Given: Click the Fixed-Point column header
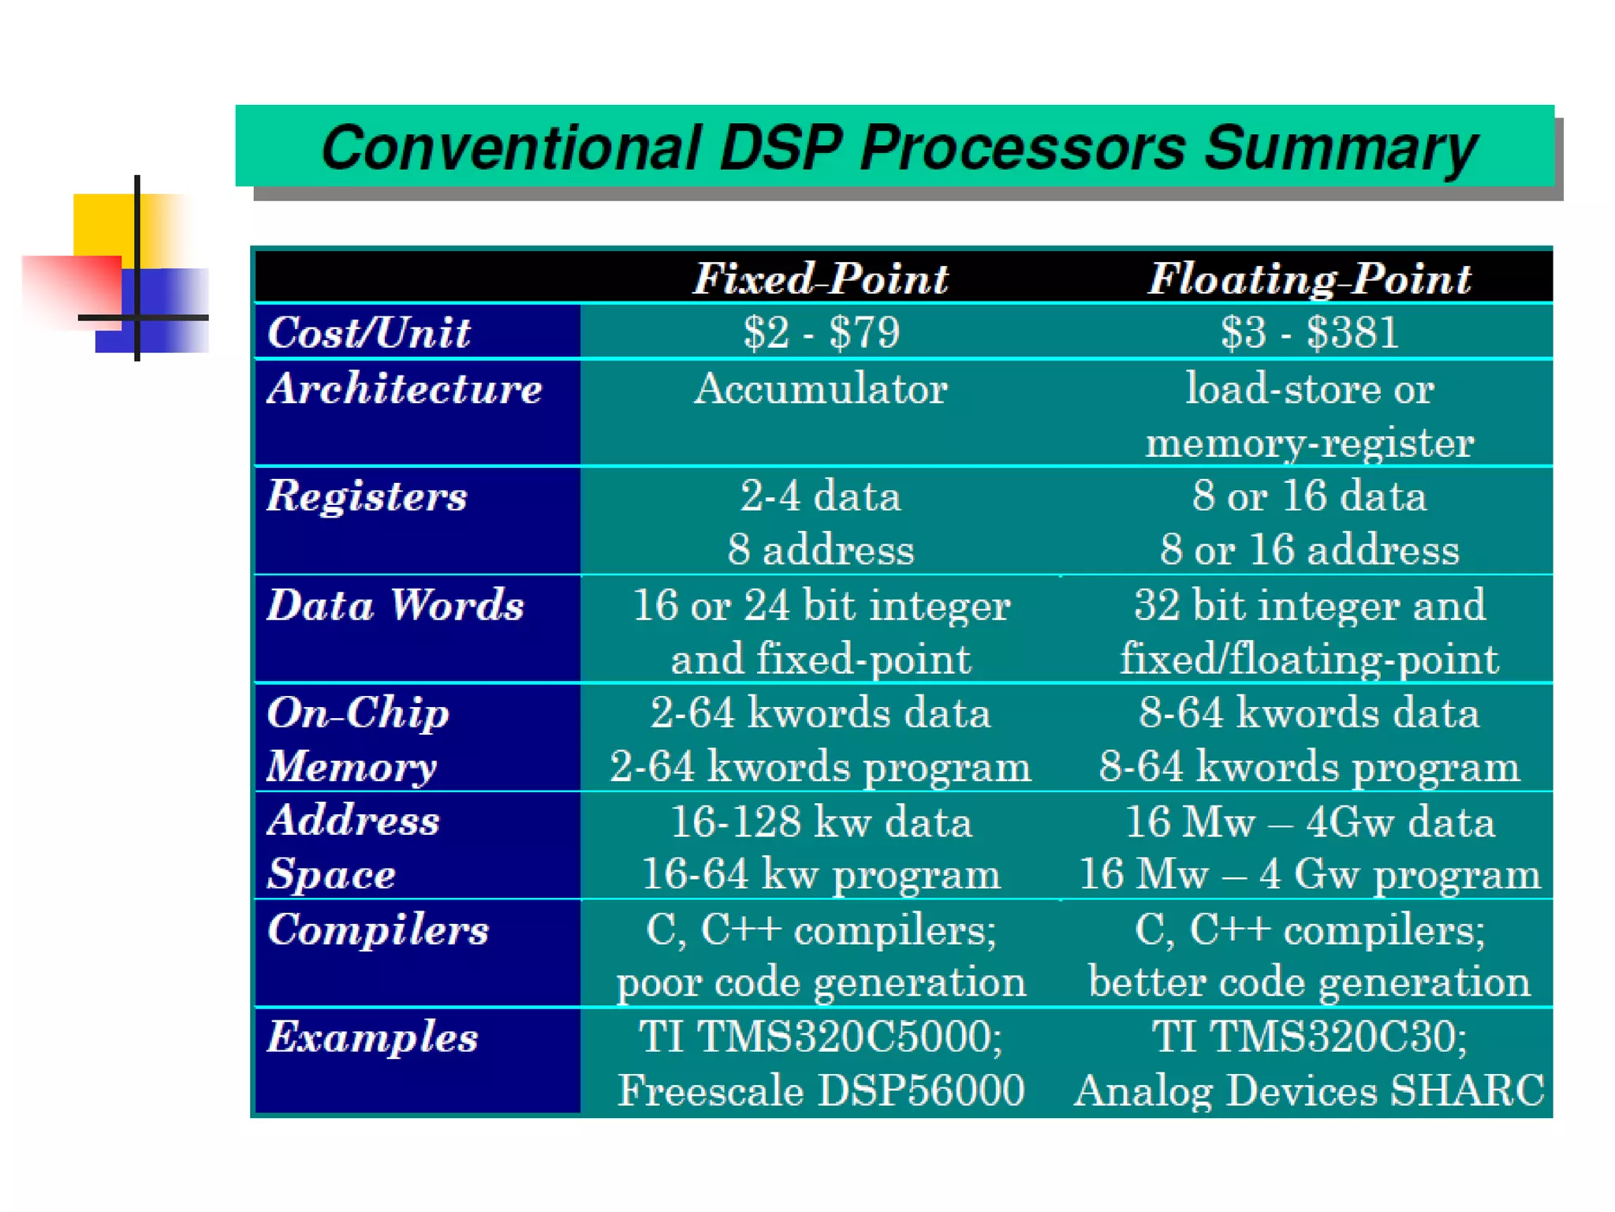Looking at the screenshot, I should point(820,279).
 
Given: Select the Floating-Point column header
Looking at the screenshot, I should point(1309,279).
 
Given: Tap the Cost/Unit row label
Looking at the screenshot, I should point(369,332).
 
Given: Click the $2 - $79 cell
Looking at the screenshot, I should point(820,332).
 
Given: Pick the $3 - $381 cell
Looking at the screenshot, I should point(1309,332).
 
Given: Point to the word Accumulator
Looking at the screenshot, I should point(820,388).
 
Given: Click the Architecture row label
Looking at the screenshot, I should point(405,388).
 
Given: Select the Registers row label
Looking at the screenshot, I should point(367,496).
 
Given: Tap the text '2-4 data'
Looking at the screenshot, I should point(820,496).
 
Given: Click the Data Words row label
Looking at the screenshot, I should point(395,605).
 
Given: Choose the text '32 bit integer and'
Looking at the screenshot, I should point(1309,605).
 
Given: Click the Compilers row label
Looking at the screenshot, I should point(378,929).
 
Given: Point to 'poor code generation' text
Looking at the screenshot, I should point(820,982).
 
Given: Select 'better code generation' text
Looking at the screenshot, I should point(1309,982).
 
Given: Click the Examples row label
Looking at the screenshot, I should point(372,1037).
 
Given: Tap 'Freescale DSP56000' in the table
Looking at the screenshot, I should point(820,1090).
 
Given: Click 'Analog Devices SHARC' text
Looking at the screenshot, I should point(1309,1090).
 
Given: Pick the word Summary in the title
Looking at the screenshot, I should point(1341,148).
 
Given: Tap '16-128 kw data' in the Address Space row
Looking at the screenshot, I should point(820,821).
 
